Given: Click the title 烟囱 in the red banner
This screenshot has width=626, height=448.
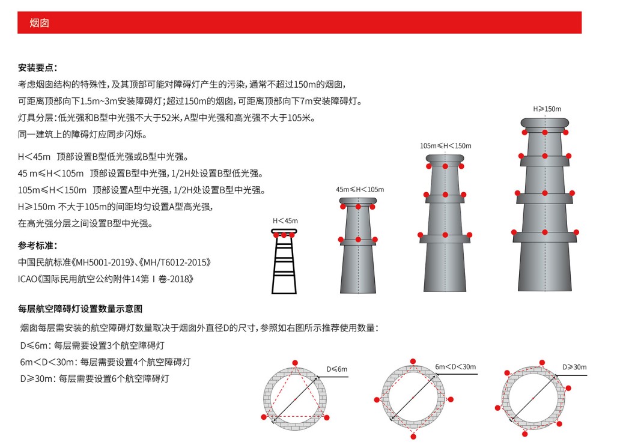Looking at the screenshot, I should pyautogui.click(x=39, y=23).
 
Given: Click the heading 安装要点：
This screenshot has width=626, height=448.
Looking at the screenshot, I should pyautogui.click(x=37, y=67).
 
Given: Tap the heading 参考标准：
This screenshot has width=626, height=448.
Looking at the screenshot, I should pyautogui.click(x=37, y=246).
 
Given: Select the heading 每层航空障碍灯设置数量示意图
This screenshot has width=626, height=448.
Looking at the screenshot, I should pyautogui.click(x=80, y=309).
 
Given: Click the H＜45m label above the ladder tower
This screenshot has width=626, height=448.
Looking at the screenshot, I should pyautogui.click(x=285, y=221).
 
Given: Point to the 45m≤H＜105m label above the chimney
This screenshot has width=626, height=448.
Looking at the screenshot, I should pyautogui.click(x=359, y=190).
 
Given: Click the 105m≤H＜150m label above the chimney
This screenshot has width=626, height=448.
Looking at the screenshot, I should pyautogui.click(x=445, y=146).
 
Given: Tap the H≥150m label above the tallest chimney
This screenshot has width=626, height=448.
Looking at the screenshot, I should pyautogui.click(x=547, y=109).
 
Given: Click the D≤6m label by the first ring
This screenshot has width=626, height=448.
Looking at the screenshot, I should pyautogui.click(x=336, y=368).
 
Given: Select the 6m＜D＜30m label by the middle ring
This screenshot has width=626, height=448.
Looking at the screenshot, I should pyautogui.click(x=455, y=366).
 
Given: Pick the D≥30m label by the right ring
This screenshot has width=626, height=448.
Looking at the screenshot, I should pyautogui.click(x=574, y=366).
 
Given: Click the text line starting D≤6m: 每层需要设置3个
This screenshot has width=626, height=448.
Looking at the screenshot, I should pyautogui.click(x=92, y=345).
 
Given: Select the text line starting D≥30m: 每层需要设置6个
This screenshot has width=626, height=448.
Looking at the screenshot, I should pyautogui.click(x=94, y=379).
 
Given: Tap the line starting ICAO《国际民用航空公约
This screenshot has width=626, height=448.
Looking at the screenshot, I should pyautogui.click(x=106, y=279).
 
